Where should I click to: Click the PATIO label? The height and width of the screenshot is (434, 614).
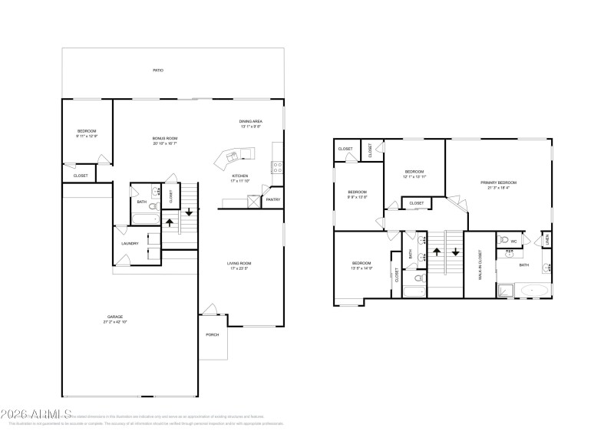[157, 71]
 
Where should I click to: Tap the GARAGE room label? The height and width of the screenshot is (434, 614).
[115, 317]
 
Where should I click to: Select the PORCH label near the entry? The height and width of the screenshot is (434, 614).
[212, 335]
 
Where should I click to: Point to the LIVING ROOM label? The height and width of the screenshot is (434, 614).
[239, 264]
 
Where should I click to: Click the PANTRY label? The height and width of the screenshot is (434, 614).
[272, 199]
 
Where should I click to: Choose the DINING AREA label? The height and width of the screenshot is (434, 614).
[251, 122]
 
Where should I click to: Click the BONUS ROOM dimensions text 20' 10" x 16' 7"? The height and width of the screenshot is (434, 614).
[165, 143]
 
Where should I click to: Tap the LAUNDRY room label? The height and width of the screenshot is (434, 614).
[129, 243]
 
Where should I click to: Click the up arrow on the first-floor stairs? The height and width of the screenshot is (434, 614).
[170, 222]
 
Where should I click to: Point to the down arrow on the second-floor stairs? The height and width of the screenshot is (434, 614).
[456, 251]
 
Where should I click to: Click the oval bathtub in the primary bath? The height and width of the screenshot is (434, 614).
[534, 291]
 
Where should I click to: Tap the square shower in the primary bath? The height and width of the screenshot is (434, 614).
[506, 290]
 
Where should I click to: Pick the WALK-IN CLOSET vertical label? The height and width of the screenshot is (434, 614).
[480, 264]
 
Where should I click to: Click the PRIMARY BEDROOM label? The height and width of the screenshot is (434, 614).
[499, 182]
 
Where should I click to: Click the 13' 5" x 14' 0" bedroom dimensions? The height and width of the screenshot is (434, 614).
[361, 268]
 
